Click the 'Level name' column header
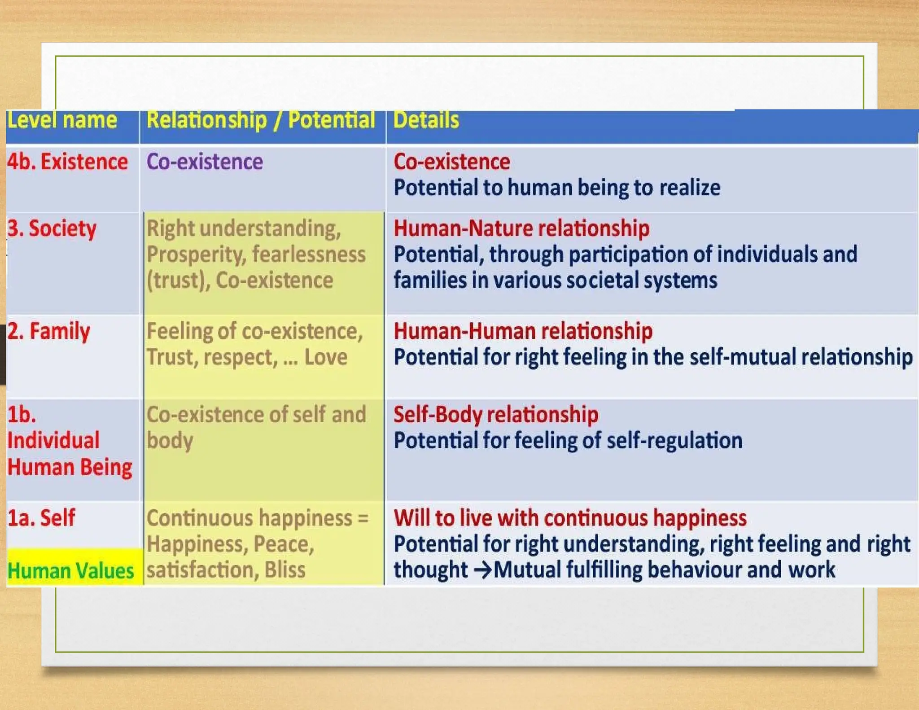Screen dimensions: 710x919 (x=62, y=120)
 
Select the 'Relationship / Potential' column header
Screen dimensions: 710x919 (x=260, y=120)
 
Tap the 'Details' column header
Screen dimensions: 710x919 (x=426, y=120)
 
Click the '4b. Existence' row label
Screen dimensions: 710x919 (x=67, y=162)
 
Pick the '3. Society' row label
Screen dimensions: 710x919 (x=52, y=228)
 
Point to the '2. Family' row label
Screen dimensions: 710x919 (x=48, y=331)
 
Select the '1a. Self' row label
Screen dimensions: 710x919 (x=41, y=517)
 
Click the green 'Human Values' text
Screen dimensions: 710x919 (x=71, y=571)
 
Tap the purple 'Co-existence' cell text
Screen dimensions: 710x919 (x=205, y=162)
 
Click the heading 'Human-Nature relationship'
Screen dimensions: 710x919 (x=521, y=228)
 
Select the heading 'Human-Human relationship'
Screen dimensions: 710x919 (x=523, y=331)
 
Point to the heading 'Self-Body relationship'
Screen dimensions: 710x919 (x=496, y=414)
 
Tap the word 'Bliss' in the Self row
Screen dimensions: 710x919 (x=285, y=570)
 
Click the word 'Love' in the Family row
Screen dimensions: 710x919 (x=326, y=357)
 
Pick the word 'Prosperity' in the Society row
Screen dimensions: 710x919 (x=196, y=254)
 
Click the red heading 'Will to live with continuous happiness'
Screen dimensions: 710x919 (x=570, y=517)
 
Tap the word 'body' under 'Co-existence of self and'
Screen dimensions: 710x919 (x=170, y=441)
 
